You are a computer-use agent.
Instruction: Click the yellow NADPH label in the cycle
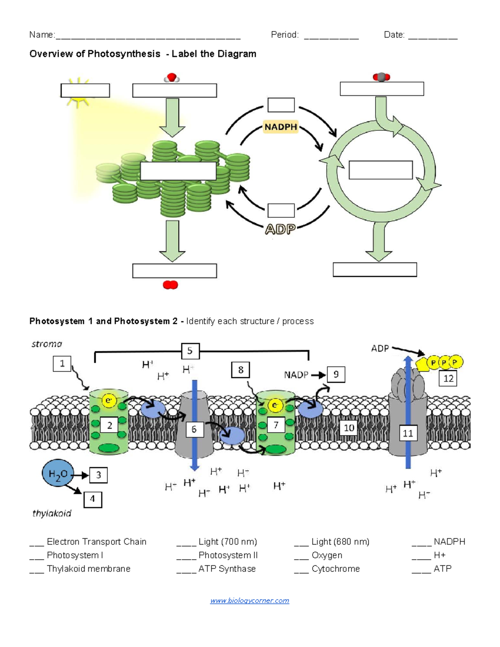pyautogui.click(x=281, y=127)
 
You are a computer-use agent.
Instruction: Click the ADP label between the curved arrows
pyautogui.click(x=280, y=229)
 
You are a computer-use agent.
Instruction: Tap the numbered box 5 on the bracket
pyautogui.click(x=190, y=351)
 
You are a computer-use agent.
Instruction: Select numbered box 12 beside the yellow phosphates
pyautogui.click(x=448, y=379)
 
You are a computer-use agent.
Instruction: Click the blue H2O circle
pyautogui.click(x=57, y=474)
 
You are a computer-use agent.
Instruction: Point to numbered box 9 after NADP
pyautogui.click(x=336, y=375)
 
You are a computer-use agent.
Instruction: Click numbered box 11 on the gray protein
pyautogui.click(x=407, y=433)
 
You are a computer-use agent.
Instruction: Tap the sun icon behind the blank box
pyautogui.click(x=77, y=92)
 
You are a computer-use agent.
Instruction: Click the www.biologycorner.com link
pyautogui.click(x=249, y=600)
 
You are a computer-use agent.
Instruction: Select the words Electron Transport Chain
pyautogui.click(x=96, y=542)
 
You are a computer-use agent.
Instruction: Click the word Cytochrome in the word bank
pyautogui.click(x=335, y=569)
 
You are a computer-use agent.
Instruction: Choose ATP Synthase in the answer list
pyautogui.click(x=227, y=569)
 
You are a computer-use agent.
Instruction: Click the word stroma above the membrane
pyautogui.click(x=47, y=344)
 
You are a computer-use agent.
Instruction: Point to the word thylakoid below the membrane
pyautogui.click(x=52, y=513)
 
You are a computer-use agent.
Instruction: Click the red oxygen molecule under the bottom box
pyautogui.click(x=170, y=285)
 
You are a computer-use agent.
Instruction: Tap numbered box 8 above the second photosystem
pyautogui.click(x=240, y=370)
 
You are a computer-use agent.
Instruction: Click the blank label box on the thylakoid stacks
pyautogui.click(x=178, y=171)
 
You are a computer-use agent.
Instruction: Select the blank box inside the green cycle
pyautogui.click(x=380, y=170)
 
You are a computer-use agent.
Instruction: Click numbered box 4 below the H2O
pyautogui.click(x=92, y=499)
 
